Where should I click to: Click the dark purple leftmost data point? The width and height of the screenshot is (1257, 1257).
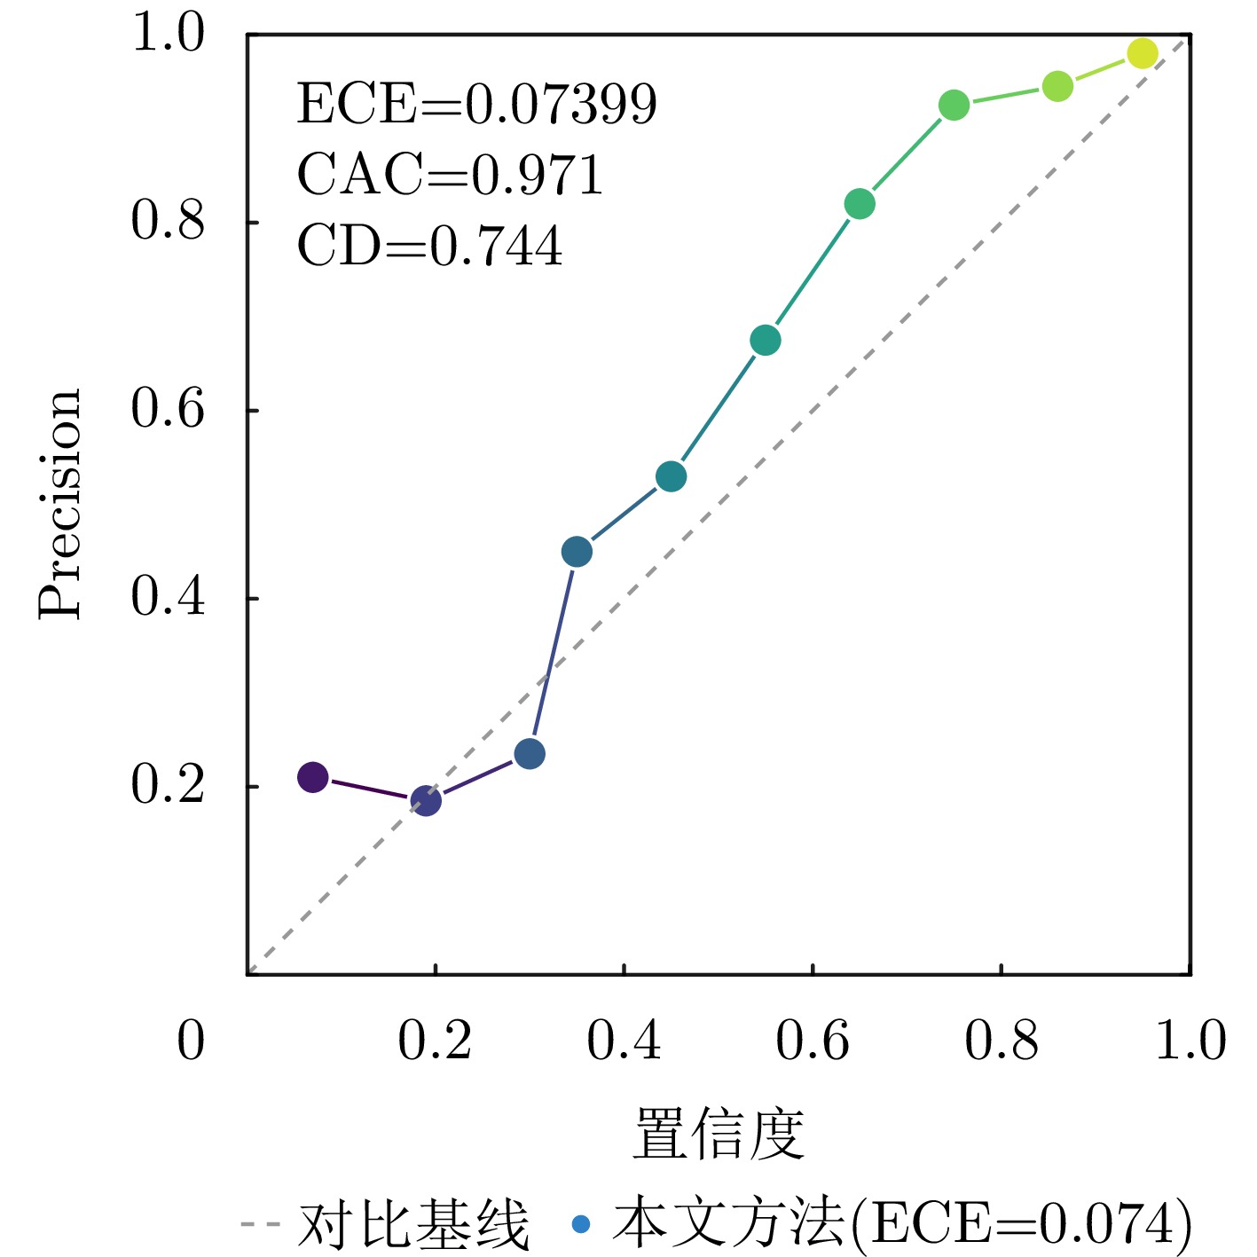(312, 777)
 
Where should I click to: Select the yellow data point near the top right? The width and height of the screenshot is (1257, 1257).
(1143, 53)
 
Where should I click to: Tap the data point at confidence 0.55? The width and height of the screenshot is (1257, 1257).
(766, 340)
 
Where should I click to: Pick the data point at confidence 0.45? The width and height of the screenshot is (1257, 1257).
(671, 476)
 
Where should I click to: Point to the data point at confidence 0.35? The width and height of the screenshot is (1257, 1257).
(577, 552)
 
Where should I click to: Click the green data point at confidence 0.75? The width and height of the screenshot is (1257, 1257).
(954, 106)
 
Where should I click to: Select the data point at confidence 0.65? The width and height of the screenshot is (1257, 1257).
(860, 204)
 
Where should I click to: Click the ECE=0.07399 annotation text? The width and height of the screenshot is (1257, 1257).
(476, 104)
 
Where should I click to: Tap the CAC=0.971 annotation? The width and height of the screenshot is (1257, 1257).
(450, 174)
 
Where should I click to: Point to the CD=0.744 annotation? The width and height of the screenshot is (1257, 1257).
(429, 246)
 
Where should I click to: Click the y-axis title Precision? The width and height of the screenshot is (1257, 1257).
(60, 504)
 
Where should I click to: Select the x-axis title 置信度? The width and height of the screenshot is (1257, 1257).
(719, 1134)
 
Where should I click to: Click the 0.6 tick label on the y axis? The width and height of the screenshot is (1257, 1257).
(168, 409)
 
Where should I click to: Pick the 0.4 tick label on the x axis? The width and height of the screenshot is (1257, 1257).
(624, 1041)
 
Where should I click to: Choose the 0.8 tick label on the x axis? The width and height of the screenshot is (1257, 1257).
(1002, 1041)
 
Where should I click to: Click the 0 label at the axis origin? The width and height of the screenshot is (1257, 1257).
(191, 1041)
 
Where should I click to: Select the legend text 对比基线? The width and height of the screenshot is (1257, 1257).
(414, 1225)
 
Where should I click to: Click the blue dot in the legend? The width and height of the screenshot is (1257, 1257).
(581, 1225)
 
